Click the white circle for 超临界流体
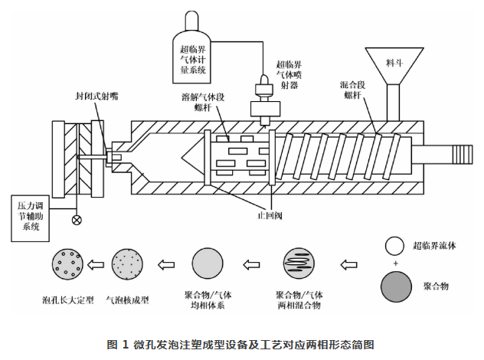(394, 246)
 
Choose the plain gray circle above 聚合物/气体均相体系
(208, 266)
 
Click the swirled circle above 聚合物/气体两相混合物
(299, 266)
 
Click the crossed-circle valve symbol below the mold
(76, 221)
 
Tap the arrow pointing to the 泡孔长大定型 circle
(96, 266)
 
